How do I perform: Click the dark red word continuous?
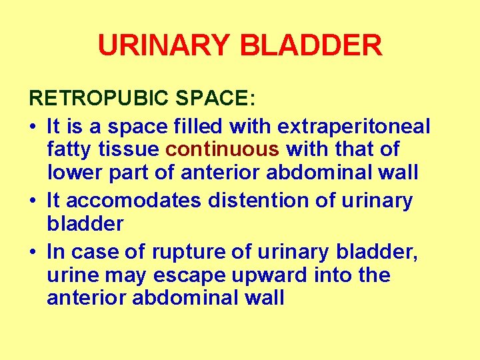[222, 149]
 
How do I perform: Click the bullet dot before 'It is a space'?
[33, 125]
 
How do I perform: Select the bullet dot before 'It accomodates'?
[33, 201]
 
